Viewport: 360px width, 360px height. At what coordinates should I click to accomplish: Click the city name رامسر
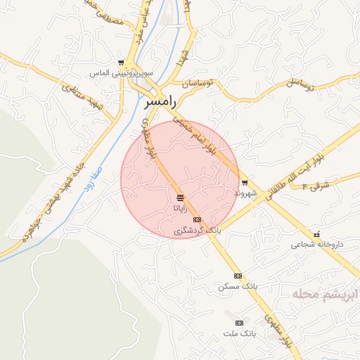click(160, 102)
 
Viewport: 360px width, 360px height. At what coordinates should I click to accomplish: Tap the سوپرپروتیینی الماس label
click(117, 73)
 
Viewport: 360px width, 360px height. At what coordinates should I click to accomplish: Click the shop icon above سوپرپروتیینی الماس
click(121, 63)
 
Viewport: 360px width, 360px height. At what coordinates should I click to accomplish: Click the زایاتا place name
click(181, 208)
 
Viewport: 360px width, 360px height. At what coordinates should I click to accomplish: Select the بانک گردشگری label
click(197, 230)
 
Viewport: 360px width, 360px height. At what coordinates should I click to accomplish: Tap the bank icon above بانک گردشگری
click(197, 219)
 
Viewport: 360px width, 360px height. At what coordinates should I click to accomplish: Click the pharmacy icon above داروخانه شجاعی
click(316, 234)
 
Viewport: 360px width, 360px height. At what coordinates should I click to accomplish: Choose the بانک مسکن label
click(238, 286)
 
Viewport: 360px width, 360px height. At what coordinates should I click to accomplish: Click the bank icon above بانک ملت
click(239, 322)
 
